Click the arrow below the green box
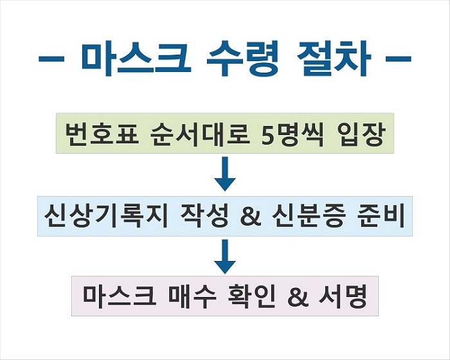(x=225, y=174)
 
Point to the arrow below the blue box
(x=225, y=256)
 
